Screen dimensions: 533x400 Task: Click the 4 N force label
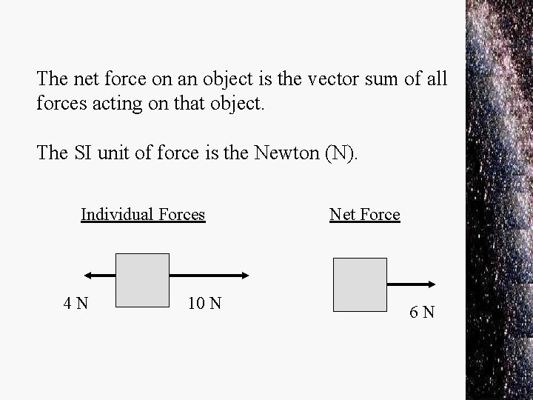(x=77, y=303)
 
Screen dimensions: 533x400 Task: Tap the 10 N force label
(x=204, y=303)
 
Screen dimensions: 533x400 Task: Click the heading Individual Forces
(x=143, y=215)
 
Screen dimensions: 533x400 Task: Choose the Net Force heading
(x=365, y=215)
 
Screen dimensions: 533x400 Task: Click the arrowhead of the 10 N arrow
(x=245, y=276)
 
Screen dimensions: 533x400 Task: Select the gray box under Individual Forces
(x=143, y=279)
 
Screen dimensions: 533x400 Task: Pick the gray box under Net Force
(x=361, y=284)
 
